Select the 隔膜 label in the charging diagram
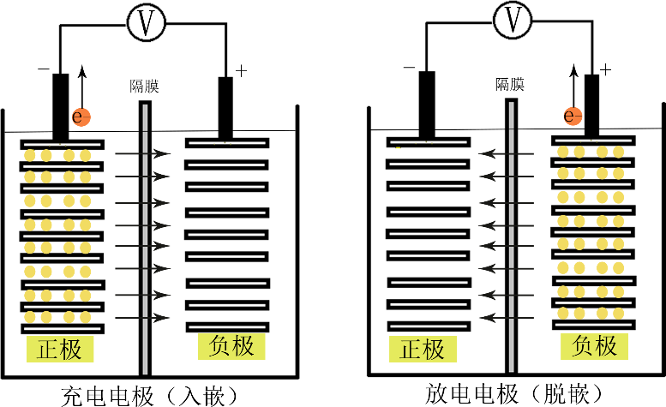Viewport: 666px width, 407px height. pyautogui.click(x=145, y=87)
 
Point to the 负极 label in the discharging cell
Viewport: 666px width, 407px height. pyautogui.click(x=595, y=345)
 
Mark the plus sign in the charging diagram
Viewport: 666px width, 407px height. pyautogui.click(x=241, y=70)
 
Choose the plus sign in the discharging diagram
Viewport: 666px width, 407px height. pyautogui.click(x=606, y=69)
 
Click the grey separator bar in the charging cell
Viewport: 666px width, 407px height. pyautogui.click(x=146, y=240)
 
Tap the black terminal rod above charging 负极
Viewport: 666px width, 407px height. pyautogui.click(x=225, y=107)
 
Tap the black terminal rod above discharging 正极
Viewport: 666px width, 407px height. pyautogui.click(x=426, y=103)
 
